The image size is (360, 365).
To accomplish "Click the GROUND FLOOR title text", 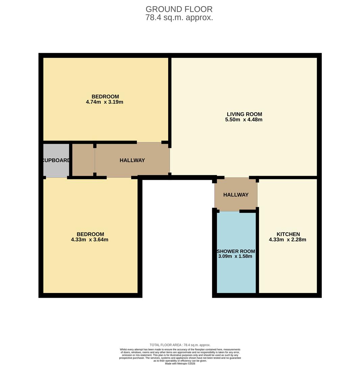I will tap(179, 9).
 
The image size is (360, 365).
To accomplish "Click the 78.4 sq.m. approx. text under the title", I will tap(179, 18).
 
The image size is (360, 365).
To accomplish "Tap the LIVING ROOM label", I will tap(244, 114).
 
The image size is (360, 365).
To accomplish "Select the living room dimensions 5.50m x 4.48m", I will tap(243, 120).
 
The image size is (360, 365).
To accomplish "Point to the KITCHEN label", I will tap(288, 234).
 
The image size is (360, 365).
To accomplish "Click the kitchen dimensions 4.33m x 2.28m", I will tap(287, 240).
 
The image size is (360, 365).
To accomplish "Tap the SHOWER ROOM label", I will tap(236, 251).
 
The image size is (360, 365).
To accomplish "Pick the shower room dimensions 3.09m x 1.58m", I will tap(235, 256).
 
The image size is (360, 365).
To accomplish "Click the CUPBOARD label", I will tap(56, 160).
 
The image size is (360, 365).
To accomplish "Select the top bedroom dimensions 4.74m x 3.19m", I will tap(104, 102).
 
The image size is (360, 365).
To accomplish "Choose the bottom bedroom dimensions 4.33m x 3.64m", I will tap(89, 240).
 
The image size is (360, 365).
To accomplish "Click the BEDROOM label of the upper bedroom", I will tap(105, 97).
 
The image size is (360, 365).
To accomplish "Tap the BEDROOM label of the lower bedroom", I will tap(90, 234).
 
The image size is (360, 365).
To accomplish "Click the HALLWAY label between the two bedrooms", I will tap(132, 160).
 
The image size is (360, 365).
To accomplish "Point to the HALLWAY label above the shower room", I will tap(236, 195).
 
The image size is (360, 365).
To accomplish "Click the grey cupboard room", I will tap(56, 169).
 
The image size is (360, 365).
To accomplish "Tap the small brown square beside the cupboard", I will tap(83, 160).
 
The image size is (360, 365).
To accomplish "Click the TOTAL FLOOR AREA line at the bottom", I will tap(180, 345).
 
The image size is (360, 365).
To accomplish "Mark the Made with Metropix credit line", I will tap(180, 364).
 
